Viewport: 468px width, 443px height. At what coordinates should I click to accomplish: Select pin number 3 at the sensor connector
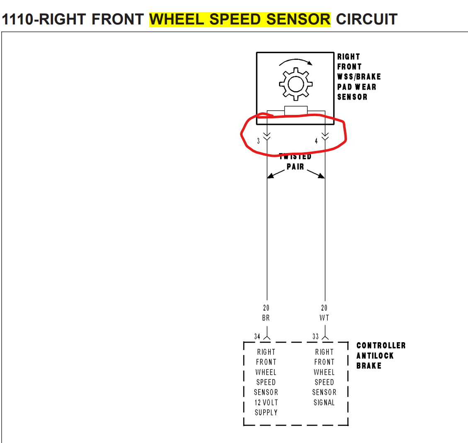(x=258, y=141)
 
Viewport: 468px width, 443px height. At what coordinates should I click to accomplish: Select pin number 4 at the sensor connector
(x=316, y=141)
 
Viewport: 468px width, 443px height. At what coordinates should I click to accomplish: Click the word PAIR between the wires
(x=295, y=167)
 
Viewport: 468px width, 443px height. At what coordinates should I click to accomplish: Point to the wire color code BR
(x=266, y=318)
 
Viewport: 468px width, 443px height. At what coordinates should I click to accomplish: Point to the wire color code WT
(x=324, y=318)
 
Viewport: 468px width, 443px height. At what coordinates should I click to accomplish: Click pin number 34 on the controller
(x=257, y=336)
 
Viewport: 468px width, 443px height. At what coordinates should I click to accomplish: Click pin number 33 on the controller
(x=315, y=336)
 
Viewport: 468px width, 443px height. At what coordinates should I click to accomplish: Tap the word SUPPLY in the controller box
(x=266, y=412)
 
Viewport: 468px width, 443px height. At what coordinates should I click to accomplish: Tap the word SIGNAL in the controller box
(x=324, y=402)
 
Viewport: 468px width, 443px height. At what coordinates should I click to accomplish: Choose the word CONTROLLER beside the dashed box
(x=381, y=346)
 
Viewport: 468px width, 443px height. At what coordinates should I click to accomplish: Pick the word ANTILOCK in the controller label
(x=375, y=355)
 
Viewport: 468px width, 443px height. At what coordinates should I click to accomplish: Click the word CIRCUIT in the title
(x=366, y=19)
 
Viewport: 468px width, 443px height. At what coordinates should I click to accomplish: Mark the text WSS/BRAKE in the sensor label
(x=359, y=77)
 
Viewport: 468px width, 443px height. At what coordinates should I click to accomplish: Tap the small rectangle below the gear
(x=296, y=110)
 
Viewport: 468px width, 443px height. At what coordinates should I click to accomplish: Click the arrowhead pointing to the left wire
(x=270, y=176)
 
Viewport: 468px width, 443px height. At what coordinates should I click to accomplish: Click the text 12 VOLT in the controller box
(x=266, y=402)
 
